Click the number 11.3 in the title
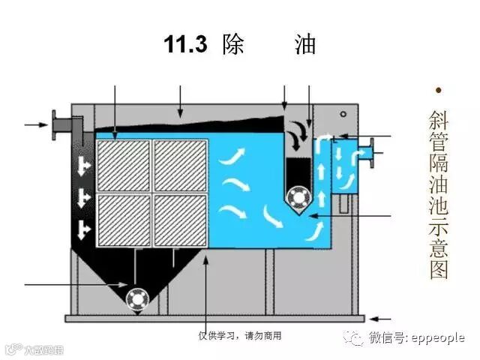[185, 45]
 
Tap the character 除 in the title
[233, 45]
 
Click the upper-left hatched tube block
[123, 164]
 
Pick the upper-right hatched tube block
[180, 164]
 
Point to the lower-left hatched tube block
[123, 221]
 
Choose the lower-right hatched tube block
[180, 221]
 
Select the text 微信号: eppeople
[415, 338]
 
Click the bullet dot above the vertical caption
[438, 91]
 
